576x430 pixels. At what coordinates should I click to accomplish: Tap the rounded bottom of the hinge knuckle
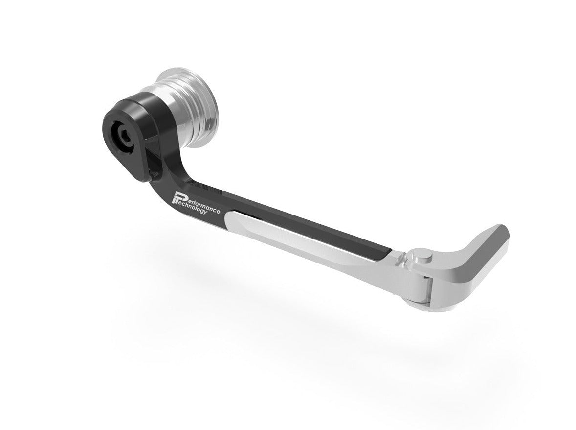(421, 306)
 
